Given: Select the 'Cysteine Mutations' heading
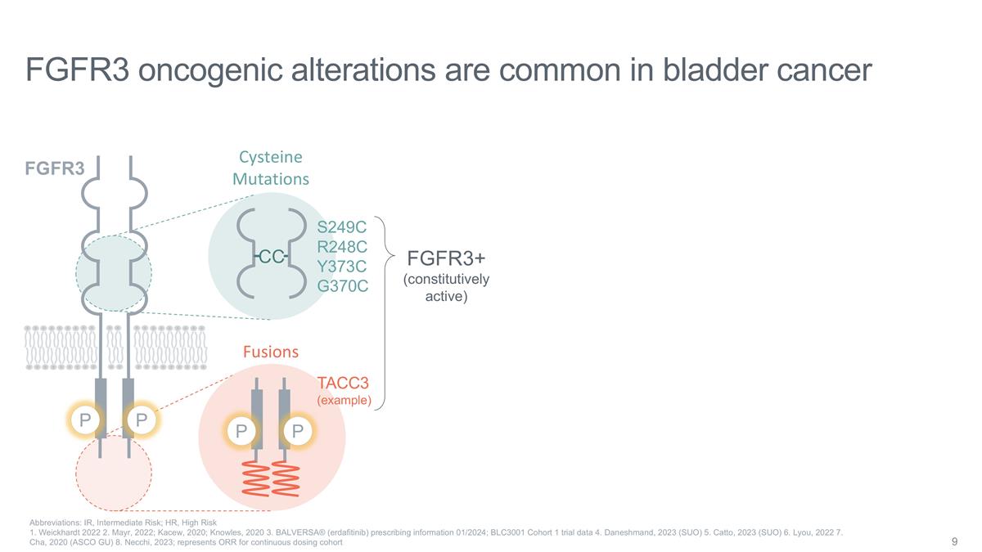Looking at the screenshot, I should [270, 168].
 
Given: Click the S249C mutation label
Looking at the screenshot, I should [341, 227].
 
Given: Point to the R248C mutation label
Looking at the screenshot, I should [341, 246].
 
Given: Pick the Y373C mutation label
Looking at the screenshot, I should [341, 267].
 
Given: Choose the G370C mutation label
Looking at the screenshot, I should [342, 286].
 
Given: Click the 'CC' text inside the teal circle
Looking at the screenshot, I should [272, 258].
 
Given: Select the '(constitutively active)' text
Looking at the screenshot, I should [446, 287].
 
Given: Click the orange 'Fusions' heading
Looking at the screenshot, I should [271, 352].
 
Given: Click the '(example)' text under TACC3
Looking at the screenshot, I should [344, 401].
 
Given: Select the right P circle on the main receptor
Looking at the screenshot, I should [142, 421].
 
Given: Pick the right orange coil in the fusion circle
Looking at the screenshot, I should [286, 475].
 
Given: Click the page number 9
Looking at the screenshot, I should [955, 542].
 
